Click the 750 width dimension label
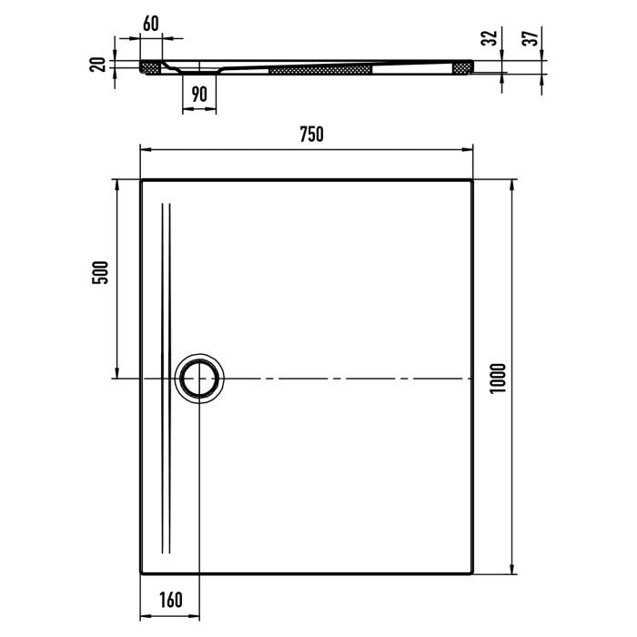pyautogui.click(x=310, y=135)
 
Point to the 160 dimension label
pyautogui.click(x=171, y=600)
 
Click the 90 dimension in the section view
pyautogui.click(x=200, y=92)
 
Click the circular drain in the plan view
pyautogui.click(x=197, y=378)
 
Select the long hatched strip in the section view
pyautogui.click(x=321, y=68)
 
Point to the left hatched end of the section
pyautogui.click(x=151, y=66)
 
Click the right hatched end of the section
pyautogui.click(x=462, y=66)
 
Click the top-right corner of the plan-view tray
pyautogui.click(x=472, y=180)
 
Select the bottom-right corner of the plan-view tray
pyautogui.click(x=472, y=573)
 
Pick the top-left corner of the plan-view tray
pyautogui.click(x=142, y=180)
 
